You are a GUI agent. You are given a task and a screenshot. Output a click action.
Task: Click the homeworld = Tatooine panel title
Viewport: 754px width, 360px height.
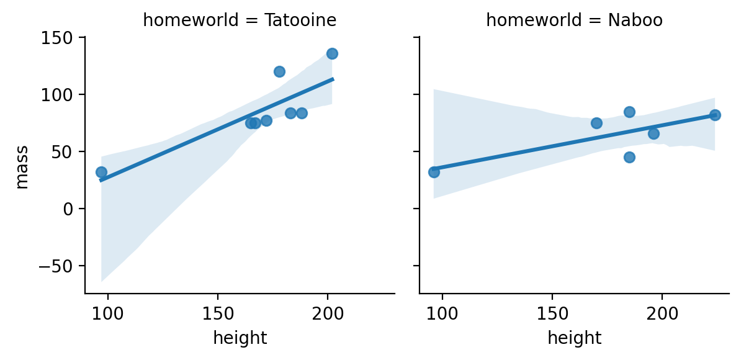[240, 20]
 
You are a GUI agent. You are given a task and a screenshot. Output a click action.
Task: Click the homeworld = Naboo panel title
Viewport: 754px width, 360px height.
[574, 20]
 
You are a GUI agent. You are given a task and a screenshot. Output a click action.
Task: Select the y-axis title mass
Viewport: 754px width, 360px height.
[22, 166]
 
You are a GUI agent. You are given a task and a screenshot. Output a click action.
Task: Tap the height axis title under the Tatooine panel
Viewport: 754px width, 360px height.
[240, 338]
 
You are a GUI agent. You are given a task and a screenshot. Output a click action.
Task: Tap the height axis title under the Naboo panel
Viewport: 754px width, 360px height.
[574, 338]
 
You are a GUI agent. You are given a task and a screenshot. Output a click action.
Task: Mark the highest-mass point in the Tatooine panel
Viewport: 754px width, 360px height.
[332, 53]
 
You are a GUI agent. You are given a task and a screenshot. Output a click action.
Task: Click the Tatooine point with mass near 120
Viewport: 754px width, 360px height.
[279, 71]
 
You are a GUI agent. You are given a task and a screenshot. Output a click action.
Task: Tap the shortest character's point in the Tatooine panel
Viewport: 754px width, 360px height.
[101, 172]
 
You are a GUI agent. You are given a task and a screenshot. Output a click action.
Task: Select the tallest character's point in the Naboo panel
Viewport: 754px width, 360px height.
[715, 115]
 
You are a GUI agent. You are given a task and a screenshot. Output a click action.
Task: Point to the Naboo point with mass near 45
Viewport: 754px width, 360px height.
[629, 157]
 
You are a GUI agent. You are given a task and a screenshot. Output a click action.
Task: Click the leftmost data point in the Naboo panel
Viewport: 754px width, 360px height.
[434, 172]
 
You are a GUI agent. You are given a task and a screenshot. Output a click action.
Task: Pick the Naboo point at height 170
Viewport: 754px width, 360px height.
[596, 123]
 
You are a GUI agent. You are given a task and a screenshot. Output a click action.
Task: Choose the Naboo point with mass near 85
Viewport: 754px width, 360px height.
[629, 112]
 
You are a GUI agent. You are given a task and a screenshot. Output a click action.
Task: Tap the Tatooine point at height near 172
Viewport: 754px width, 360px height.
[266, 120]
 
